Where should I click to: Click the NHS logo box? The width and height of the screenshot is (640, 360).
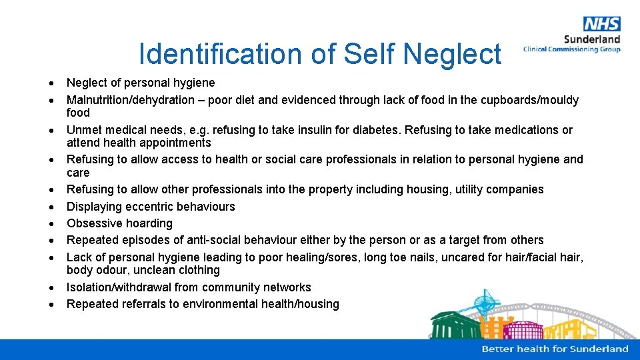pos(601,24)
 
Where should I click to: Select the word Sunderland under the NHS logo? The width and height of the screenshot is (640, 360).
pos(592,39)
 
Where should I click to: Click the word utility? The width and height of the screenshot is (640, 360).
pos(469,189)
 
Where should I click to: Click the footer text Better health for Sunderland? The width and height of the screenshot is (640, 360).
pos(555,349)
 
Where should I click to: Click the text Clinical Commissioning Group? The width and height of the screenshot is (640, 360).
pos(571,49)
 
